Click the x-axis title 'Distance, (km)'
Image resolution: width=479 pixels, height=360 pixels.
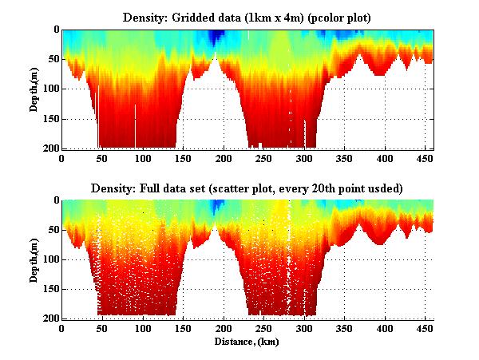point(247,341)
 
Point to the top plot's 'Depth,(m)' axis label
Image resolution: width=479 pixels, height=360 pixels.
point(35,89)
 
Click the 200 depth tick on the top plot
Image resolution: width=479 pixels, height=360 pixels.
point(49,148)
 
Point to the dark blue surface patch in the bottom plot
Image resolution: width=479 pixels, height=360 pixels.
point(216,206)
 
